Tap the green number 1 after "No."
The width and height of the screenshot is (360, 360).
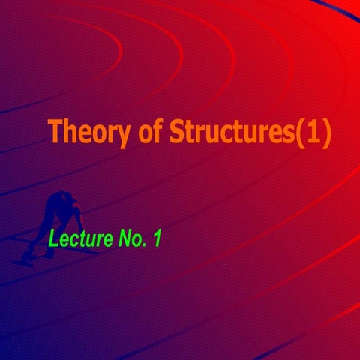(157, 239)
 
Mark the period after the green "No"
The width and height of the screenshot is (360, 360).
(145, 245)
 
